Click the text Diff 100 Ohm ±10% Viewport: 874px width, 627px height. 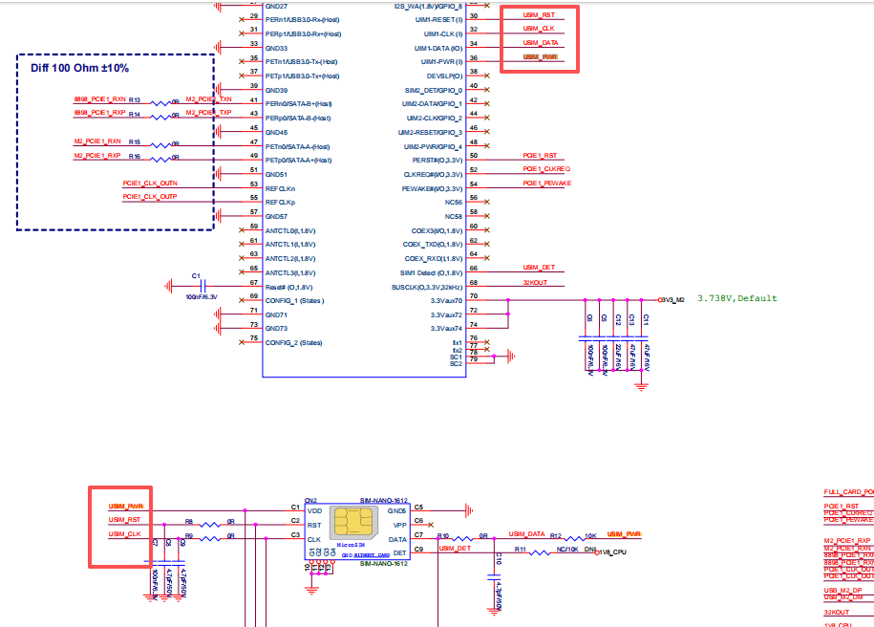[x=80, y=69]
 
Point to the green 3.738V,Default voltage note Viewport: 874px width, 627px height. [x=736, y=298]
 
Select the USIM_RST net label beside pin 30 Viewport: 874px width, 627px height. [x=540, y=15]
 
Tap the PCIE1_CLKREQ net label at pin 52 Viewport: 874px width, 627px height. [x=545, y=169]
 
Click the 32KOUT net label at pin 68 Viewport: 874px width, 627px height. [x=535, y=282]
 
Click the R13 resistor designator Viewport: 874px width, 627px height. [x=135, y=100]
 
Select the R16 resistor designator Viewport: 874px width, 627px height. [x=135, y=156]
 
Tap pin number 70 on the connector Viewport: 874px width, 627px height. [x=474, y=298]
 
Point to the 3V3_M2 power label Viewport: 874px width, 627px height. [x=671, y=300]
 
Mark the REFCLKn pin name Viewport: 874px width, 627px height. [x=279, y=188]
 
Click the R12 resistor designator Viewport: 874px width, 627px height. [x=555, y=536]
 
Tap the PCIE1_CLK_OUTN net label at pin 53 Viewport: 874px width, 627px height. [x=150, y=183]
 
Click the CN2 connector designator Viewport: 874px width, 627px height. [x=310, y=500]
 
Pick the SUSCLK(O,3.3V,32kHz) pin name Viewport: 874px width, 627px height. [x=427, y=287]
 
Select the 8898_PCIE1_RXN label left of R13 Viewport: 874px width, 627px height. [x=99, y=99]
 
